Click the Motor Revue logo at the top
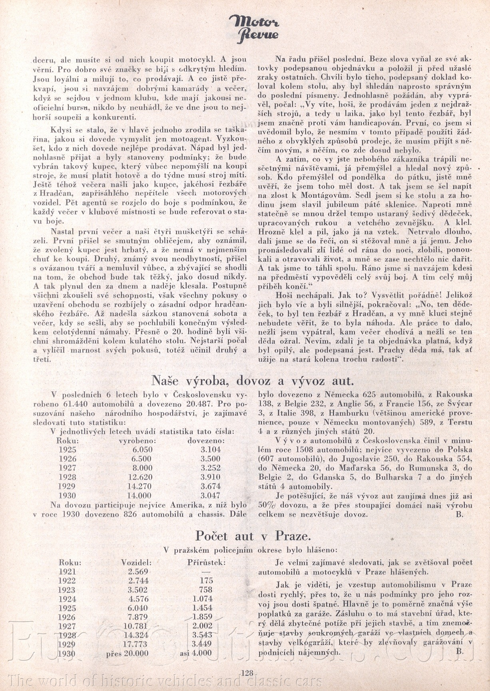[x=254, y=29]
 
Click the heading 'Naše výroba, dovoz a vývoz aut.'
[x=252, y=379]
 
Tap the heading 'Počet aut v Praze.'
[x=253, y=536]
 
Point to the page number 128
[x=247, y=673]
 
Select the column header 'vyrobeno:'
[x=137, y=440]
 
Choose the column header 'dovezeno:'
[x=206, y=440]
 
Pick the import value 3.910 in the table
[x=211, y=477]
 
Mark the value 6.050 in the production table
[x=142, y=450]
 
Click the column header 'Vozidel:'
[x=136, y=562]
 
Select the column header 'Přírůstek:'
[x=206, y=562]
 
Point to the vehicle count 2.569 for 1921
[x=138, y=572]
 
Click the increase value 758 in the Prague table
[x=206, y=590]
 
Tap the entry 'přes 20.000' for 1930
[x=127, y=653]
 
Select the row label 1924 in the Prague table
[x=67, y=599]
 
